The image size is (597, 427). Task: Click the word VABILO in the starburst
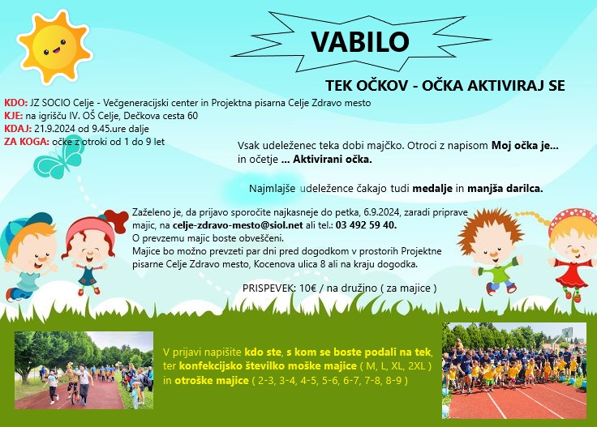coord(360,41)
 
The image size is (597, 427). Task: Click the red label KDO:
coord(16,103)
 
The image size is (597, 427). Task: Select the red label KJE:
coord(14,116)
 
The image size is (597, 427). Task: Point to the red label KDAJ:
coord(18,129)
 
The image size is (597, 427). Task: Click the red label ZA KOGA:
coord(27,142)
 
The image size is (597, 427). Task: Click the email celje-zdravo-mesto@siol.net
coord(238,225)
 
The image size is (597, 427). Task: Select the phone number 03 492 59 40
coord(367,225)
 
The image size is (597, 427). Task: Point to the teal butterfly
coord(59,158)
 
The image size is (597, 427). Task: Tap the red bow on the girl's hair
coord(115,220)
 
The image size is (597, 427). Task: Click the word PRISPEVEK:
coord(268,288)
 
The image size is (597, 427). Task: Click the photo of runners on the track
coord(84,370)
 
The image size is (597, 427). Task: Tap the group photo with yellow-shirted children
coord(514,371)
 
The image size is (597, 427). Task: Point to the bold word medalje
coord(432,188)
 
